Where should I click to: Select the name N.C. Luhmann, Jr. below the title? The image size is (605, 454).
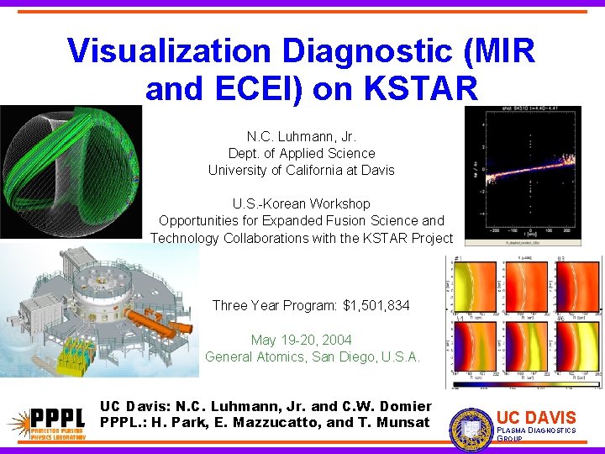(x=302, y=136)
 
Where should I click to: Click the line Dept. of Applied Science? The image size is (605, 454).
(x=302, y=153)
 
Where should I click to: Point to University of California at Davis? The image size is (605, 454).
(x=302, y=170)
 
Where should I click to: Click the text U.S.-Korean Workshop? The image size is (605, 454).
(x=302, y=203)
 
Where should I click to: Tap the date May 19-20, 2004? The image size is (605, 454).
(x=302, y=340)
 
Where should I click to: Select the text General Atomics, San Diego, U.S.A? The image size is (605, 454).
(x=313, y=356)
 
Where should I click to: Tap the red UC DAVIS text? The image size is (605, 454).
(x=536, y=417)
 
